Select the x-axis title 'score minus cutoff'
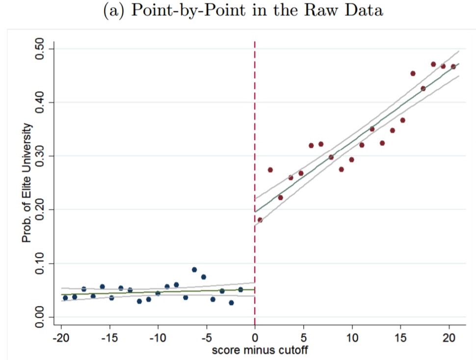point(260,350)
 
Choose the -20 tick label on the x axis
point(60,339)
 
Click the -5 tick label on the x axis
point(206,339)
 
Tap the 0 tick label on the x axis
point(255,339)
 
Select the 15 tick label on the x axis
point(400,339)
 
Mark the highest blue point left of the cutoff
point(194,270)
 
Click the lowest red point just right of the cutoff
point(260,220)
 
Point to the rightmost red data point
point(453,67)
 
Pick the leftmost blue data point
point(65,298)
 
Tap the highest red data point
point(433,64)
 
